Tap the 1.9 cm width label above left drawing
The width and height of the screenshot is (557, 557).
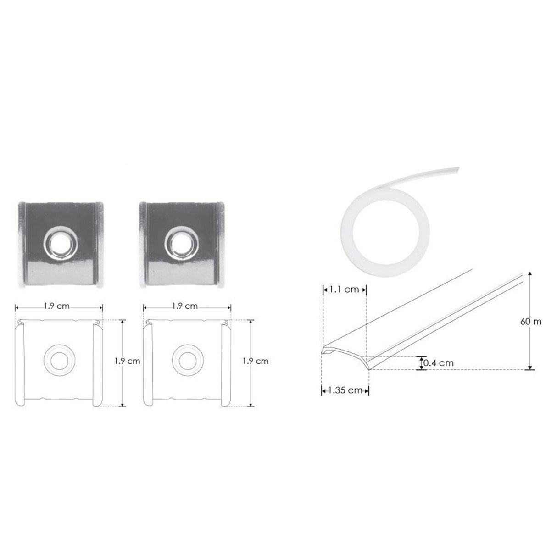pyautogui.click(x=57, y=306)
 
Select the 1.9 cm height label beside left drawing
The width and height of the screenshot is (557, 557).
pyautogui.click(x=127, y=361)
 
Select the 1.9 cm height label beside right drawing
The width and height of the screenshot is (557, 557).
pyautogui.click(x=255, y=361)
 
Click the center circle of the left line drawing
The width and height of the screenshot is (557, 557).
pyautogui.click(x=58, y=361)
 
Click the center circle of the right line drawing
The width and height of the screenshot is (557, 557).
pyautogui.click(x=186, y=361)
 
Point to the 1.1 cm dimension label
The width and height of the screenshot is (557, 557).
pyautogui.click(x=344, y=290)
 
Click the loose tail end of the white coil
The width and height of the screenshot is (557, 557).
pyautogui.click(x=452, y=170)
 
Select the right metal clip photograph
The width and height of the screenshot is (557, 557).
pyautogui.click(x=179, y=244)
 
